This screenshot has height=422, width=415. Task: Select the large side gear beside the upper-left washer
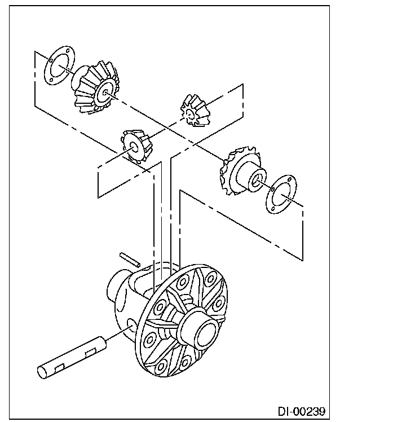94,87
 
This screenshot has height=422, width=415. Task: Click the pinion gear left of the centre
135,146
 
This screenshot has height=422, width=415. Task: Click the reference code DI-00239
301,410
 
